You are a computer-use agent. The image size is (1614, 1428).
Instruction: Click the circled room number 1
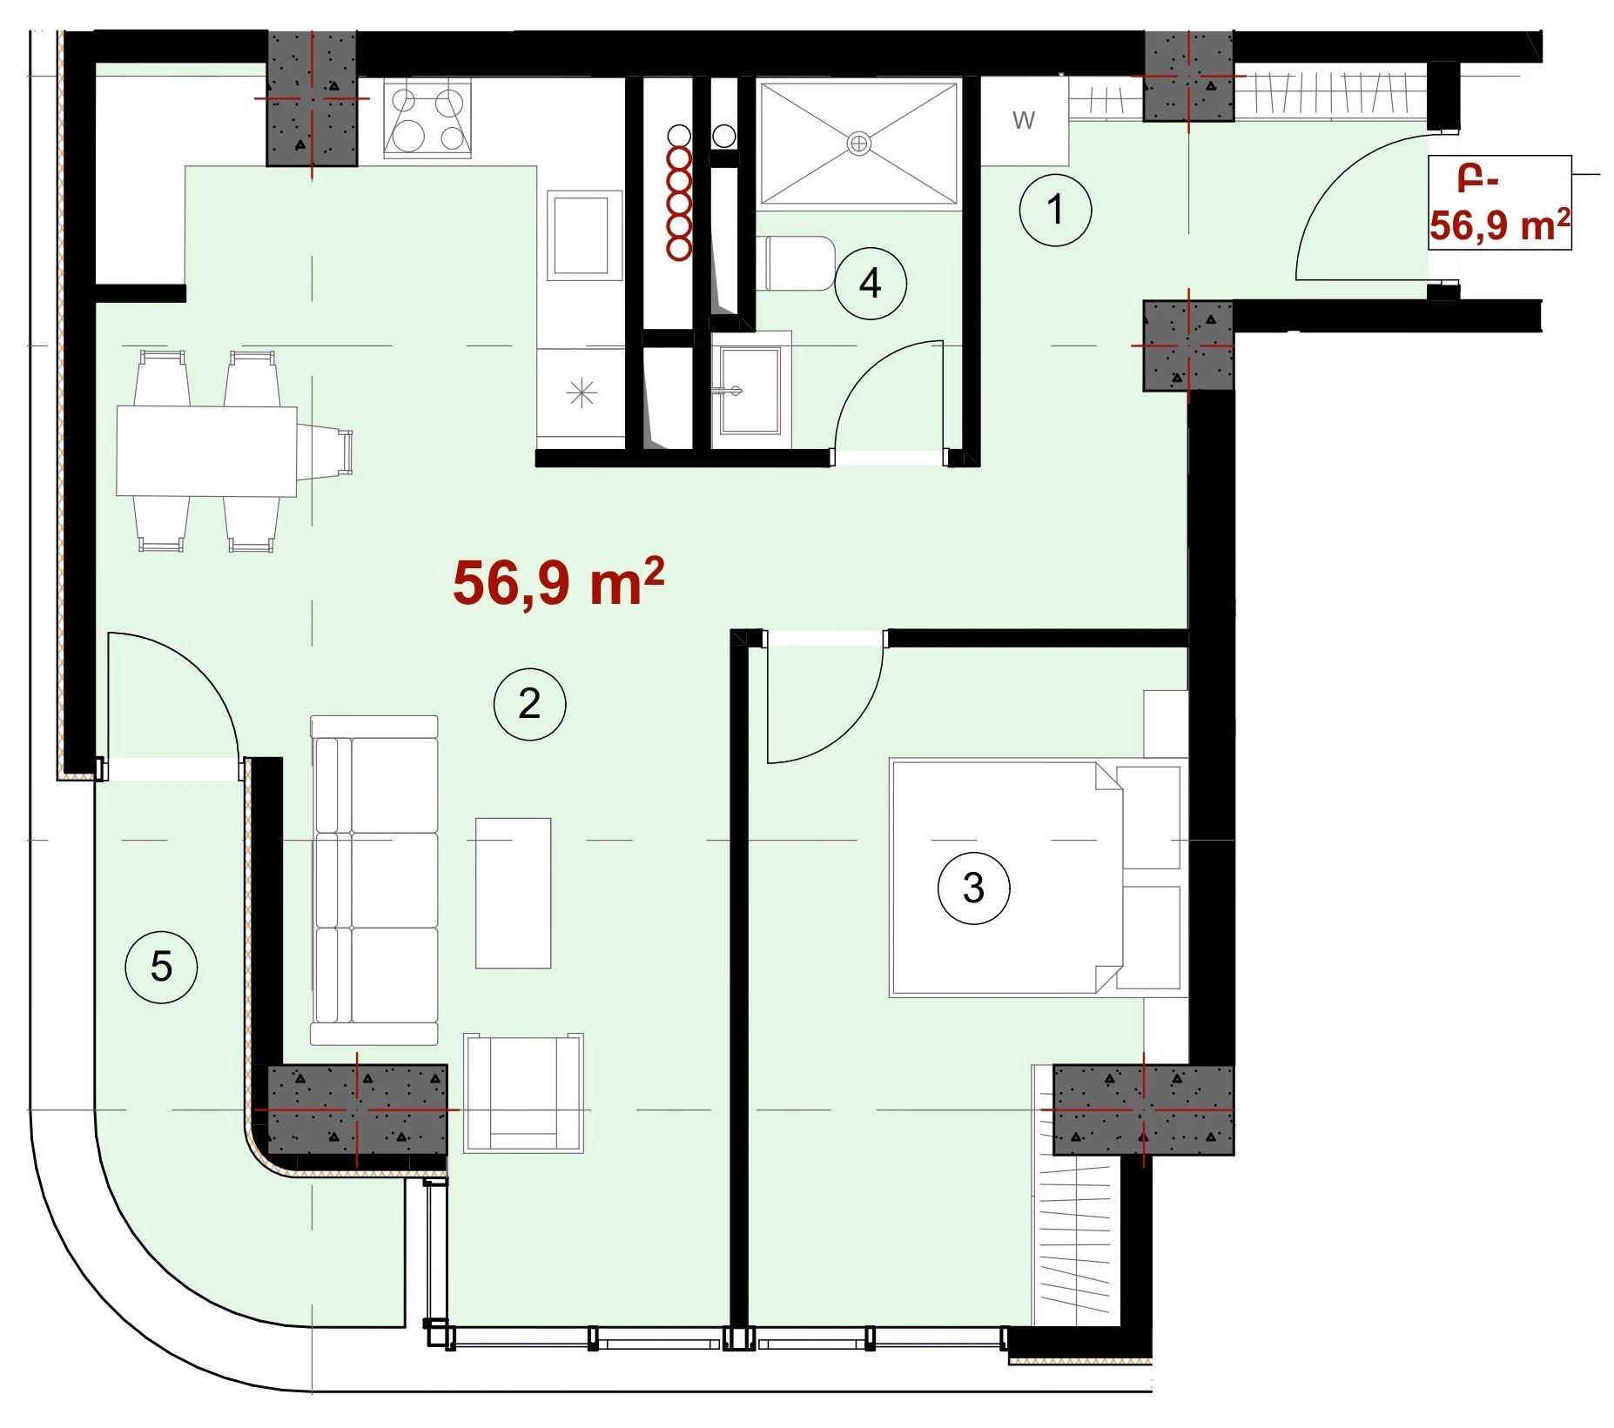pos(1055,210)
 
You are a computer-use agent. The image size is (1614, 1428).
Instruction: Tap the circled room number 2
pos(529,703)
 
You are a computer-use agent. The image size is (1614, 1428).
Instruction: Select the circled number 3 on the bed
pos(973,888)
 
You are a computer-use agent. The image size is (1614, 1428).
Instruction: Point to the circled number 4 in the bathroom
pos(871,284)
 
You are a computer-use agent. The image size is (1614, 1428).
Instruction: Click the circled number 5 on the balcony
pos(162,967)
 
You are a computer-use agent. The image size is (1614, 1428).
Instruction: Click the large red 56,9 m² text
pos(558,582)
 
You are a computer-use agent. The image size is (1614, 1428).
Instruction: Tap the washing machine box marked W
pos(1025,120)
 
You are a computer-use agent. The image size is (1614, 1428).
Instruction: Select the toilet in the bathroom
pos(800,264)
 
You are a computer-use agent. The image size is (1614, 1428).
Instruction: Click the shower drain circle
pos(858,144)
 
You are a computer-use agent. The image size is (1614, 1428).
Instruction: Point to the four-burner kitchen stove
pos(427,119)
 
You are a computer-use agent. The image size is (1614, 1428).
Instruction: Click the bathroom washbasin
pos(750,390)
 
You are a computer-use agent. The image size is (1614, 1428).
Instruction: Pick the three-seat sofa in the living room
pos(374,880)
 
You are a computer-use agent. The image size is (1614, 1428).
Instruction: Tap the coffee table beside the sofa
pos(514,893)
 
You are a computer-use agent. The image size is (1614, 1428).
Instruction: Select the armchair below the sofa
pos(523,1093)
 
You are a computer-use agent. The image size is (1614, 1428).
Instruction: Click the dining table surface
pos(207,451)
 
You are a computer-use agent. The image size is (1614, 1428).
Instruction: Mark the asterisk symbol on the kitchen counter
pos(582,393)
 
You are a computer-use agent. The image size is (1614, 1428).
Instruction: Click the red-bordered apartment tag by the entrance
pos(1500,203)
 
